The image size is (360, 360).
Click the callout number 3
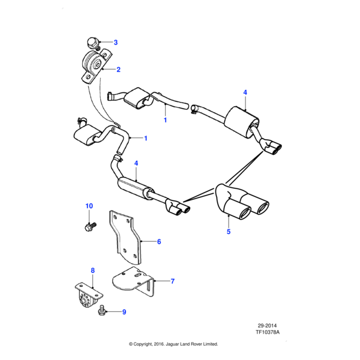[116, 42]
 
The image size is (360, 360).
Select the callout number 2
[118, 70]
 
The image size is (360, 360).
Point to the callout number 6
[160, 242]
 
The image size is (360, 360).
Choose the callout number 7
[172, 280]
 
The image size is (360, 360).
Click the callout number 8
[92, 271]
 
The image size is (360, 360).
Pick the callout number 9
[124, 312]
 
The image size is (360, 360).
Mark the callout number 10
[89, 206]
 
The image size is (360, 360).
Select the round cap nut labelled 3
[92, 43]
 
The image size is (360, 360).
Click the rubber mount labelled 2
[93, 65]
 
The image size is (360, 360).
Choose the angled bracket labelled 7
[136, 281]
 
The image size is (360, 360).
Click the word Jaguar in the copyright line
[170, 344]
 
